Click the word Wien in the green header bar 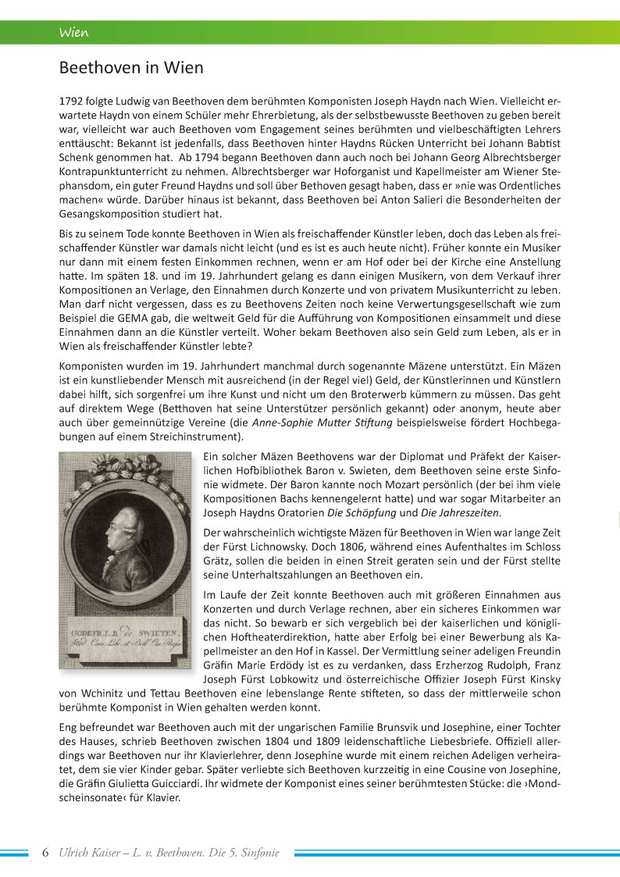point(73,33)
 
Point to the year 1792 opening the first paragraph point(73,102)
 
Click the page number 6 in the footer point(45,853)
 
